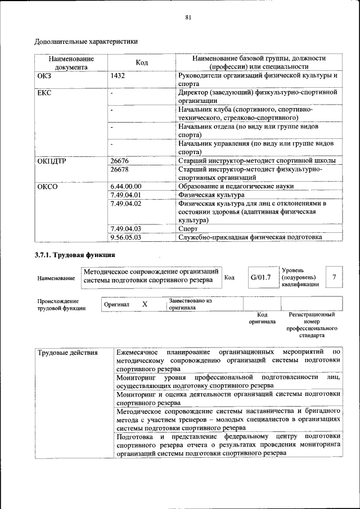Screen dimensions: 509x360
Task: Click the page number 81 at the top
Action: (188, 17)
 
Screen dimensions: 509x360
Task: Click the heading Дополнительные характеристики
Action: (86, 41)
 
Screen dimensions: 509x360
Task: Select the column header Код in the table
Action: (142, 62)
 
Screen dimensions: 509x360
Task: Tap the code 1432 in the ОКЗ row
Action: (118, 75)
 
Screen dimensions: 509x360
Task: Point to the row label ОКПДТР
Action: (52, 161)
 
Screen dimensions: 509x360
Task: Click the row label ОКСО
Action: (48, 186)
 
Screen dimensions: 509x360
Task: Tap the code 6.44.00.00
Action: (126, 186)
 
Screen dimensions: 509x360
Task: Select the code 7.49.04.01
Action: (126, 195)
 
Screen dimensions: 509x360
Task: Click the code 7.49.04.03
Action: (126, 229)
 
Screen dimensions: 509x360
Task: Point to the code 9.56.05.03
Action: (126, 237)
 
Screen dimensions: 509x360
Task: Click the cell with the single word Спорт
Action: (187, 229)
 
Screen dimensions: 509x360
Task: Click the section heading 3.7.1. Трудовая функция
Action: (71, 256)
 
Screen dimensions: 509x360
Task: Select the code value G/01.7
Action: (260, 277)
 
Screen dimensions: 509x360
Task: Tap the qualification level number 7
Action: (334, 277)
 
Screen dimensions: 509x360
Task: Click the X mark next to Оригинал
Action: (145, 304)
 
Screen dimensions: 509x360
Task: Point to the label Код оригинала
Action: (262, 318)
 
